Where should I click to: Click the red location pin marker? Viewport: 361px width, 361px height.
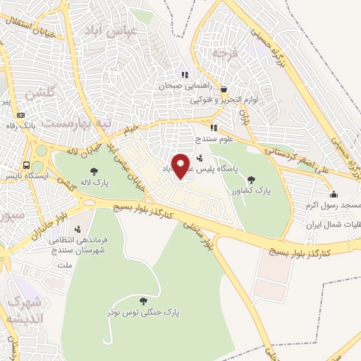point(181,166)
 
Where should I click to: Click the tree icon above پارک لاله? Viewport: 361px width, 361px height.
point(94,171)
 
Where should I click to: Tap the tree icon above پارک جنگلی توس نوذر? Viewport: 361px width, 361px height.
point(145,300)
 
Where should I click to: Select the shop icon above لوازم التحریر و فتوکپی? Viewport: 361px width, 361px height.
point(224,90)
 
